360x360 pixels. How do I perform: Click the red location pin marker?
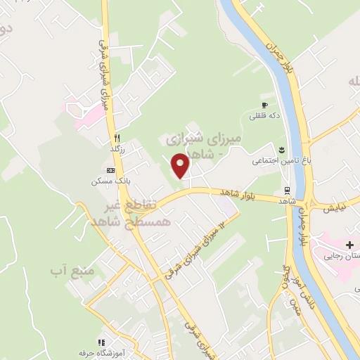(x=181, y=166)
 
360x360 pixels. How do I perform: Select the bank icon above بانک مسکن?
(x=110, y=170)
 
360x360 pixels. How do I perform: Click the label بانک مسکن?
(x=106, y=181)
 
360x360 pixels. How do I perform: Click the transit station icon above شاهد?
(x=287, y=190)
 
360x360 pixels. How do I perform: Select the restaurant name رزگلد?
(x=117, y=149)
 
